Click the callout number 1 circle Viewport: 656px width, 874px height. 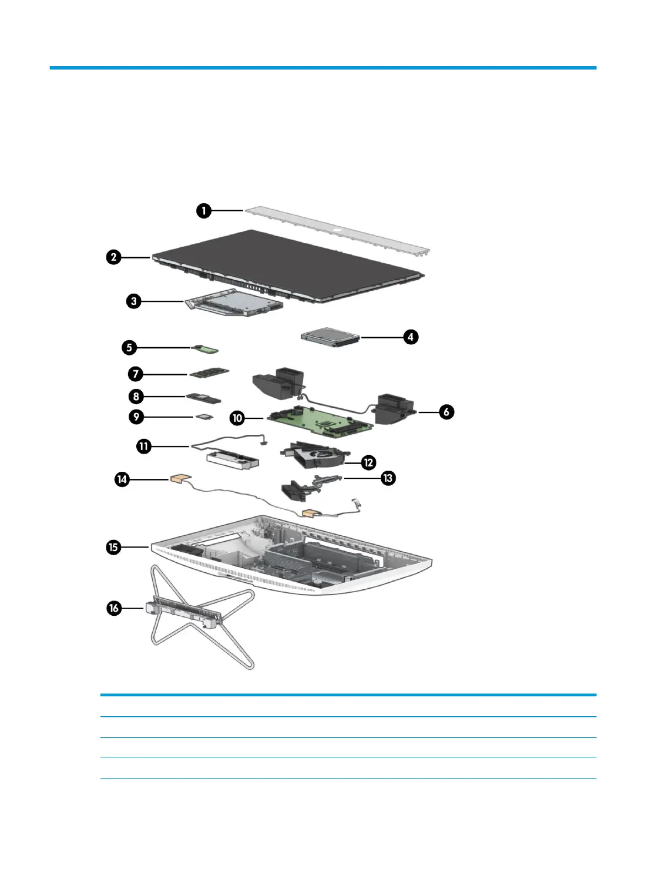[204, 210]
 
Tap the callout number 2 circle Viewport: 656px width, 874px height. [114, 257]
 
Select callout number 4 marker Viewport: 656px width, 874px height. [410, 337]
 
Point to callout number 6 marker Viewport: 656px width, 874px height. [446, 412]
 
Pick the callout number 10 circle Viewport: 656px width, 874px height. [237, 418]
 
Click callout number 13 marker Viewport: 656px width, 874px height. [388, 478]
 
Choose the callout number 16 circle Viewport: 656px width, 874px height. [114, 608]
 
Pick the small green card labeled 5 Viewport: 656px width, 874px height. [208, 349]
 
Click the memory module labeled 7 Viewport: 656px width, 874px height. [209, 374]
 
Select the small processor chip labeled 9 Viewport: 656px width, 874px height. [204, 417]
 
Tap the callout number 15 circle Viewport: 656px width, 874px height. [113, 547]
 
